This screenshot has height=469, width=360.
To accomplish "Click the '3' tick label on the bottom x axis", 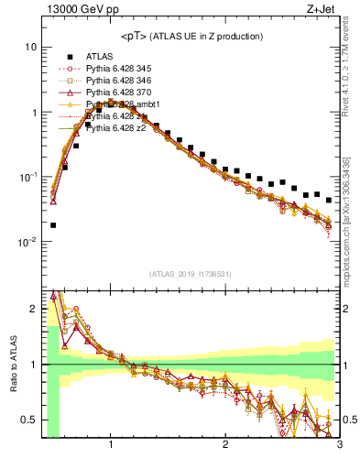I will coord(338,445).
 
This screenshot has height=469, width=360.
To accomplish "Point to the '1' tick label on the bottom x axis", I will coord(111,445).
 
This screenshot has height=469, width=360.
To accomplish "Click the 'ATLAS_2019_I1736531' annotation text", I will coord(190,274).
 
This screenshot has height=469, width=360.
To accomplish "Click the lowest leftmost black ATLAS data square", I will coord(53,224).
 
